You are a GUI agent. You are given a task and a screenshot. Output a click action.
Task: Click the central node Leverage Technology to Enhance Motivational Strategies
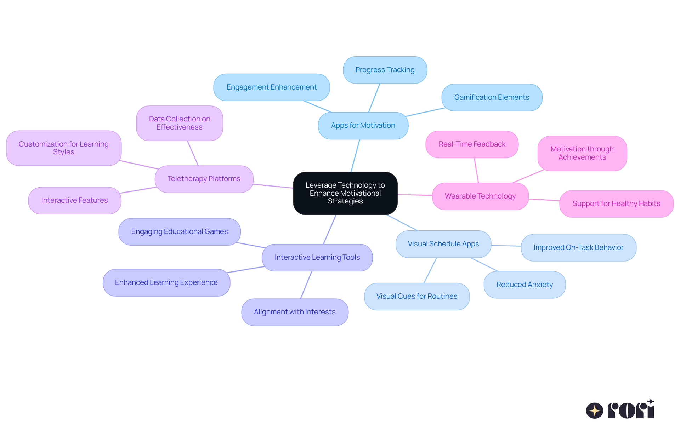(x=345, y=193)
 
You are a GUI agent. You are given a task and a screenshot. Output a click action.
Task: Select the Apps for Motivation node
(x=363, y=126)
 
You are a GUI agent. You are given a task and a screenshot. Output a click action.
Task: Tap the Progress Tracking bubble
(x=385, y=70)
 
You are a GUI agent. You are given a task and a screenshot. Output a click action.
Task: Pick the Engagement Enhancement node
(x=272, y=87)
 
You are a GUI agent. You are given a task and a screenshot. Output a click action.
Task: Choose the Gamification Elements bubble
(x=492, y=98)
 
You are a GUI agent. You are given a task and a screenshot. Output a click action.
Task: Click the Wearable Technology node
(x=480, y=196)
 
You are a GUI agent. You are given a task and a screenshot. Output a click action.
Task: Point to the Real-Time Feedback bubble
(x=472, y=144)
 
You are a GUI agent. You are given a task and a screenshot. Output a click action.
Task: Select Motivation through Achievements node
(x=582, y=153)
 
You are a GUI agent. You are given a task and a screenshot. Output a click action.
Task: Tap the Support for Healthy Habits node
(x=616, y=204)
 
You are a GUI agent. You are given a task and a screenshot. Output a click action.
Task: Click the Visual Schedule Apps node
(x=443, y=244)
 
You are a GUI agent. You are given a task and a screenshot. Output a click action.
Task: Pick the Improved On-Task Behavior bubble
(x=578, y=248)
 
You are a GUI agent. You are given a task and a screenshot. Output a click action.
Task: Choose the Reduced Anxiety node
(x=525, y=285)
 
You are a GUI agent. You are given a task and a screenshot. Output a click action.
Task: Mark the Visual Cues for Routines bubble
(x=417, y=297)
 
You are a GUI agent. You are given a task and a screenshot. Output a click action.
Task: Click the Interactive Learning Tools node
(x=317, y=258)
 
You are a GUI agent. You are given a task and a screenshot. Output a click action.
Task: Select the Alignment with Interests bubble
(x=295, y=312)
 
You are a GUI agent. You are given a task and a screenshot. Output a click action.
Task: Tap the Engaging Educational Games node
(x=180, y=232)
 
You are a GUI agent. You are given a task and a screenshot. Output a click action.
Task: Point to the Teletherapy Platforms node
(x=204, y=179)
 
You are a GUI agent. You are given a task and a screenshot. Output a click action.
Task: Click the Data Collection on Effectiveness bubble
(x=180, y=123)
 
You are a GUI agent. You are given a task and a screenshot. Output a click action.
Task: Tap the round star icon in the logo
(x=595, y=411)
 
